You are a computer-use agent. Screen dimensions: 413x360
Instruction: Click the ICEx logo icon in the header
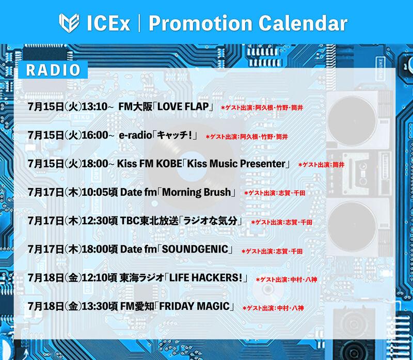[x=69, y=23]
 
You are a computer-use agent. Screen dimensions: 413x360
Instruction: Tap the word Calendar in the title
[x=303, y=23]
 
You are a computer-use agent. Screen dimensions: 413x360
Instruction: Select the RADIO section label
[x=53, y=70]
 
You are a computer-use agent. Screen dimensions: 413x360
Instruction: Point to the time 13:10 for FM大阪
[x=95, y=107]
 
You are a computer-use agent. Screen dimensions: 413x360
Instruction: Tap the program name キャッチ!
[x=174, y=135]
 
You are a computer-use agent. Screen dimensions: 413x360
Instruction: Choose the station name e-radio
[x=136, y=135]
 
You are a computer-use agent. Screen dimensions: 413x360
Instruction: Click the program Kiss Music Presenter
[x=236, y=164]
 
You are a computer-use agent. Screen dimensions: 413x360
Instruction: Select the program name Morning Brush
[x=197, y=192]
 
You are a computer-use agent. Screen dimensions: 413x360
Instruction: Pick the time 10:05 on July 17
[x=95, y=192]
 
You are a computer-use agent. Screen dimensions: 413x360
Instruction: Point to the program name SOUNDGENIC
[x=195, y=249]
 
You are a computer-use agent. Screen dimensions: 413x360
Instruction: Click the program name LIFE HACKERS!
[x=205, y=278]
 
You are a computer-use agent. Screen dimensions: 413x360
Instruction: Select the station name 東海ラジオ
[x=141, y=278]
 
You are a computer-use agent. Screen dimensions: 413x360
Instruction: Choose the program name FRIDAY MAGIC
[x=195, y=306]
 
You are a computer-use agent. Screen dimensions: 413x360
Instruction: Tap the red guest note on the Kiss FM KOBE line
[x=321, y=165]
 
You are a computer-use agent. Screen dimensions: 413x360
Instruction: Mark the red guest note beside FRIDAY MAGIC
[x=273, y=308]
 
